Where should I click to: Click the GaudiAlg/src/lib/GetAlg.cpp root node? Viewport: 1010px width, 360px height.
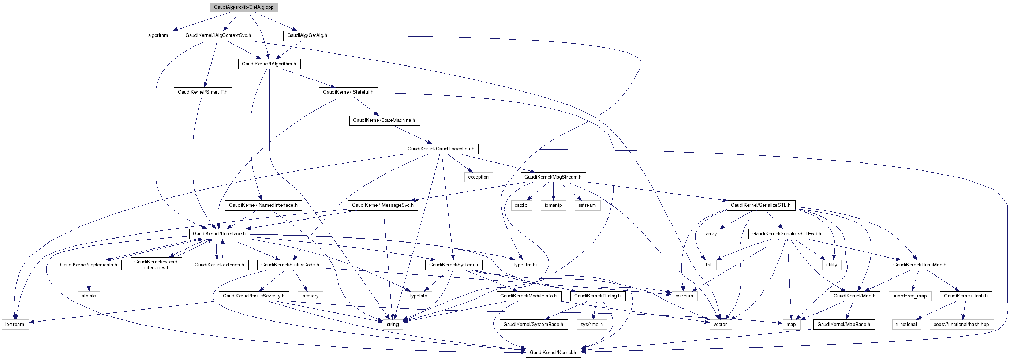(244, 7)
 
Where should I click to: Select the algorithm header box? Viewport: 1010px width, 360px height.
(158, 35)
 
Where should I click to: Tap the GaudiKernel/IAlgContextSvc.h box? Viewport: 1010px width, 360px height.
(218, 35)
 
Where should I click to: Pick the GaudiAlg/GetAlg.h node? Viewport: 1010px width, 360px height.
(307, 35)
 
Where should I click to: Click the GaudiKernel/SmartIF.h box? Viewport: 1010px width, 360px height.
(203, 92)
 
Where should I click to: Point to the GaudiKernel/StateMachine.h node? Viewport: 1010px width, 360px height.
(384, 120)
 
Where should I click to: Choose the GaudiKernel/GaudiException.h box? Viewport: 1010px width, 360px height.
(441, 149)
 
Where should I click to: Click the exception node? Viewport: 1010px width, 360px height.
(478, 177)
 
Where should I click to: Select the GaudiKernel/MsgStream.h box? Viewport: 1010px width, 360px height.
(553, 177)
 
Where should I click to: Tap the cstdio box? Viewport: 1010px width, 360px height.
(521, 205)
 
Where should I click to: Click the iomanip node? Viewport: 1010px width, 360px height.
(553, 205)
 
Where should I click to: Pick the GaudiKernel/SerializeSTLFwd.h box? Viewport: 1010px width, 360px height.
(786, 234)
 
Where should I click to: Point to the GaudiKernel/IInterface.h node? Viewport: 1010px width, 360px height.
(219, 234)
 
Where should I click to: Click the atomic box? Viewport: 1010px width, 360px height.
(89, 296)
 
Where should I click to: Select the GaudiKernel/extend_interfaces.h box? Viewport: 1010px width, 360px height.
(156, 265)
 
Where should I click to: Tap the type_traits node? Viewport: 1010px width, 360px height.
(525, 265)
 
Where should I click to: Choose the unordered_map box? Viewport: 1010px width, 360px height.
(910, 296)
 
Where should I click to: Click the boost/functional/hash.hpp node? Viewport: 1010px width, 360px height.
(961, 324)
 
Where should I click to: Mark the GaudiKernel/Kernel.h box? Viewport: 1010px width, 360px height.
(553, 353)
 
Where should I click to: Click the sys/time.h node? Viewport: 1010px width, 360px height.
(592, 324)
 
